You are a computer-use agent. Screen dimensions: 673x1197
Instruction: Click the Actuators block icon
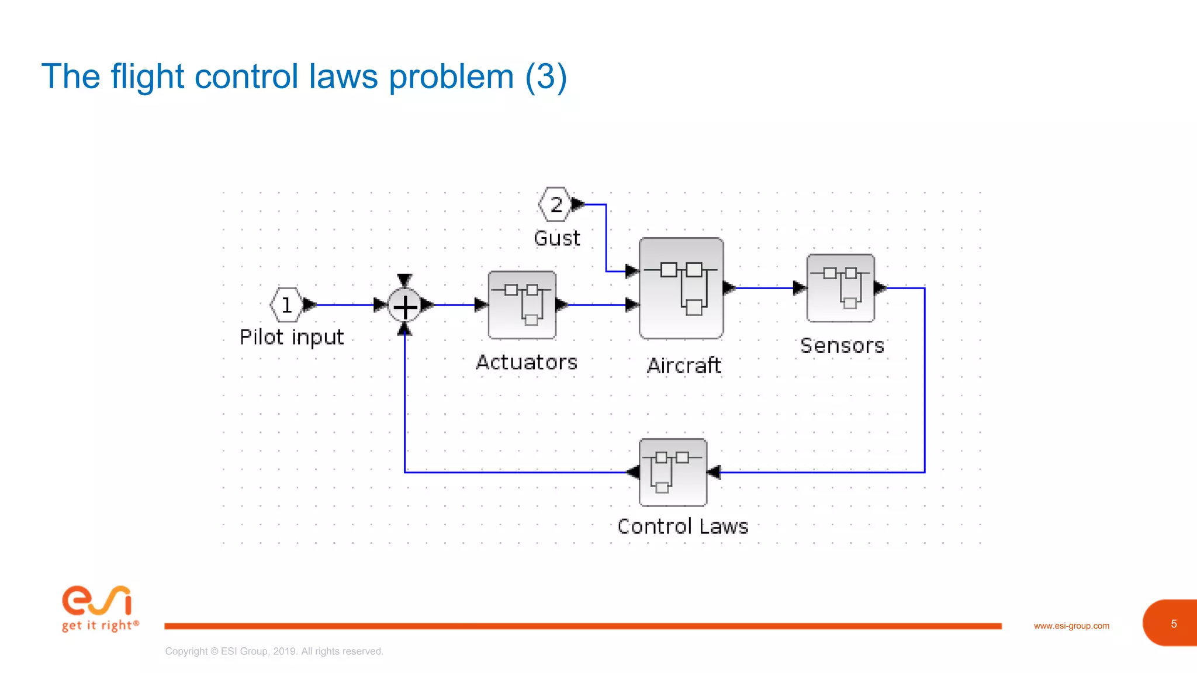click(x=522, y=304)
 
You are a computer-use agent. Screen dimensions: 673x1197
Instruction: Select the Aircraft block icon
click(x=681, y=288)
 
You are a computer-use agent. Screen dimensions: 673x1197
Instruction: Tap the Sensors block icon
click(x=840, y=288)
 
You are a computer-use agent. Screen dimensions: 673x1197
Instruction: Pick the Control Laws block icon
click(x=673, y=472)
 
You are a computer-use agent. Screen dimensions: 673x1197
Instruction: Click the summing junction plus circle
click(x=404, y=306)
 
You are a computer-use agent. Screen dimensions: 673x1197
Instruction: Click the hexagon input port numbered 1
click(x=286, y=305)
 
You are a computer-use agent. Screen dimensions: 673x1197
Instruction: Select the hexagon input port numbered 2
click(x=555, y=204)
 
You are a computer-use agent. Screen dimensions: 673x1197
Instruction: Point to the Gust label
click(x=557, y=238)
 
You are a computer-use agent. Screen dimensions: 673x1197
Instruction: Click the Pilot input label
click(x=292, y=338)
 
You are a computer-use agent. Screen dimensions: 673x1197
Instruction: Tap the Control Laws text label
click(x=683, y=526)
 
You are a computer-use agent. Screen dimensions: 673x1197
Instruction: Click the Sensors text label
click(x=842, y=346)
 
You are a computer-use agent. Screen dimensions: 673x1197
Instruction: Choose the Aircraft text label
click(x=684, y=366)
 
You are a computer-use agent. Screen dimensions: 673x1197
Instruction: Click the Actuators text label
click(x=527, y=362)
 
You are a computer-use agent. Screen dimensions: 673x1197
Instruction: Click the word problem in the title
click(x=451, y=77)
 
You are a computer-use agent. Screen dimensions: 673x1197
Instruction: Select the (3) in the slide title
click(x=546, y=77)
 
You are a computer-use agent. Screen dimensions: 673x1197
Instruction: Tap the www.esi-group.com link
click(x=1071, y=626)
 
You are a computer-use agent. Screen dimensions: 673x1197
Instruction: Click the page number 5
click(x=1173, y=624)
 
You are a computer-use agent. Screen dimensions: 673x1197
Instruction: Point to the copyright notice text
click(x=274, y=651)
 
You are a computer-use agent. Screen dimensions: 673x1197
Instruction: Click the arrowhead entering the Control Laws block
click(x=714, y=472)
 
